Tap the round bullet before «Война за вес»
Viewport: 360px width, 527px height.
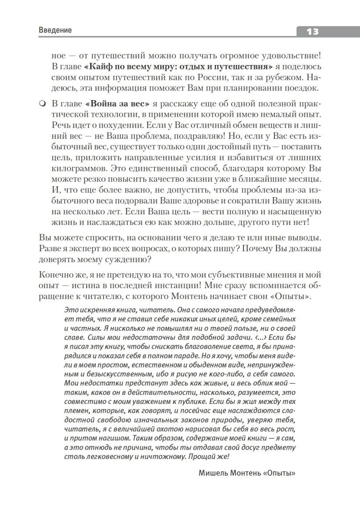click(x=42, y=104)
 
